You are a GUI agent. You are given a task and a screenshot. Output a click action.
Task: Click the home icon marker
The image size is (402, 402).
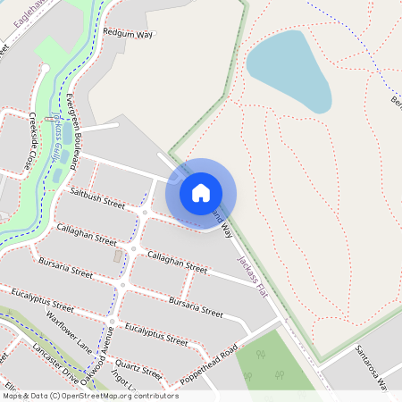pyautogui.click(x=201, y=192)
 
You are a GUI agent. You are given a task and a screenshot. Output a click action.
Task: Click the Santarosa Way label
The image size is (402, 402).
pyautogui.click(x=374, y=365)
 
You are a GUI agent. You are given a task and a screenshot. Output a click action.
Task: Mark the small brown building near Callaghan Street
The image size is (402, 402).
pyautogui.click(x=118, y=256)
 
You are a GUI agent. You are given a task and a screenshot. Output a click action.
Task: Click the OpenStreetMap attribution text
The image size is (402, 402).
pyautogui.click(x=90, y=395)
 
